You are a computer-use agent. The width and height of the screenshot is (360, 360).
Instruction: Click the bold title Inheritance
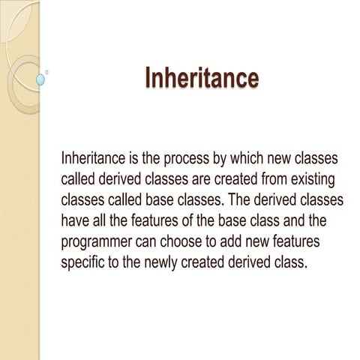coord(201,77)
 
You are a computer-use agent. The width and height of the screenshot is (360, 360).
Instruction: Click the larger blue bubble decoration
coord(40,78)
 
